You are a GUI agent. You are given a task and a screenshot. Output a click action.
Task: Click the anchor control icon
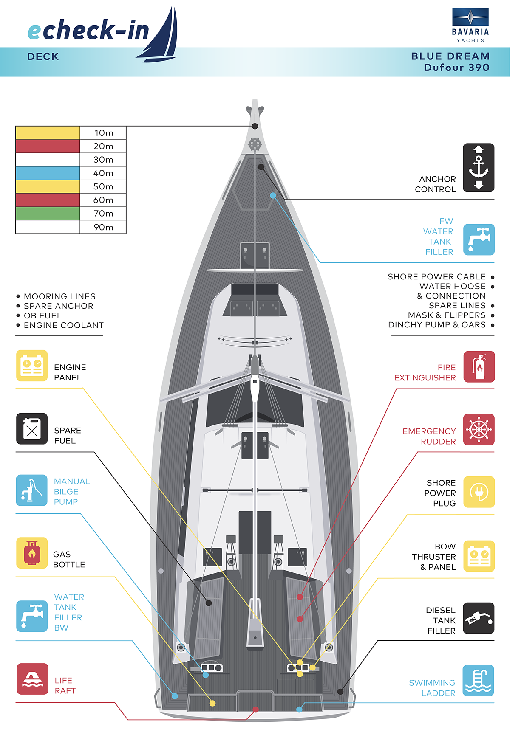tap(479, 168)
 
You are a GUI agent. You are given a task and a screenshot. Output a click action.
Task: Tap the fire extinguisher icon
tap(479, 367)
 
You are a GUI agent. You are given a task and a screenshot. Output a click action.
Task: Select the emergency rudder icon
tap(479, 430)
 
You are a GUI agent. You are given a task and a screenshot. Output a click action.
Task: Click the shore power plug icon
tap(479, 492)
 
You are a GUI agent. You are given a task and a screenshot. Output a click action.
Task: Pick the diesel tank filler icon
tap(479, 618)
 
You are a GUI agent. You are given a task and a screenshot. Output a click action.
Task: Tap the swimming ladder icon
tap(479, 681)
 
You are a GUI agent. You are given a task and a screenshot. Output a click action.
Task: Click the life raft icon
tap(32, 679)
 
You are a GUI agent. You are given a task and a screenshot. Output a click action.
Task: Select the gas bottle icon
tap(32, 553)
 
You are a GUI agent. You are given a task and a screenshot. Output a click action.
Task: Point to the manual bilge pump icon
tap(32, 490)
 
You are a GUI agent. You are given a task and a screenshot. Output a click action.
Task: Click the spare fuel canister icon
tap(32, 429)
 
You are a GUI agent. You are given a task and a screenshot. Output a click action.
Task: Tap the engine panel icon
tap(32, 366)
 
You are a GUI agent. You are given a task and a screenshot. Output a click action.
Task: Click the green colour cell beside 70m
tap(48, 214)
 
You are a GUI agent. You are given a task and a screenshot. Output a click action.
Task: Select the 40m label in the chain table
tap(103, 173)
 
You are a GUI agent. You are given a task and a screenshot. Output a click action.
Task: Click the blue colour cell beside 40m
tap(48, 173)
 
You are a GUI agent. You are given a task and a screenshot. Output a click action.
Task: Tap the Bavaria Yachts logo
tap(470, 25)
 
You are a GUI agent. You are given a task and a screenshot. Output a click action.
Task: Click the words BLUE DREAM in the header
tap(450, 56)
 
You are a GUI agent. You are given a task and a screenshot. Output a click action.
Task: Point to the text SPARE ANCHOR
tap(59, 306)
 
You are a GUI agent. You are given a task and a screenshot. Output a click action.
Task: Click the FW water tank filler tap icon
tap(479, 239)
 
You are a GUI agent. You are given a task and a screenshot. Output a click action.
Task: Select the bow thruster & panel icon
tap(479, 556)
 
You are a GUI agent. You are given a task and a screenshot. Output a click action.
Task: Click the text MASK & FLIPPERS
tap(446, 315)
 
